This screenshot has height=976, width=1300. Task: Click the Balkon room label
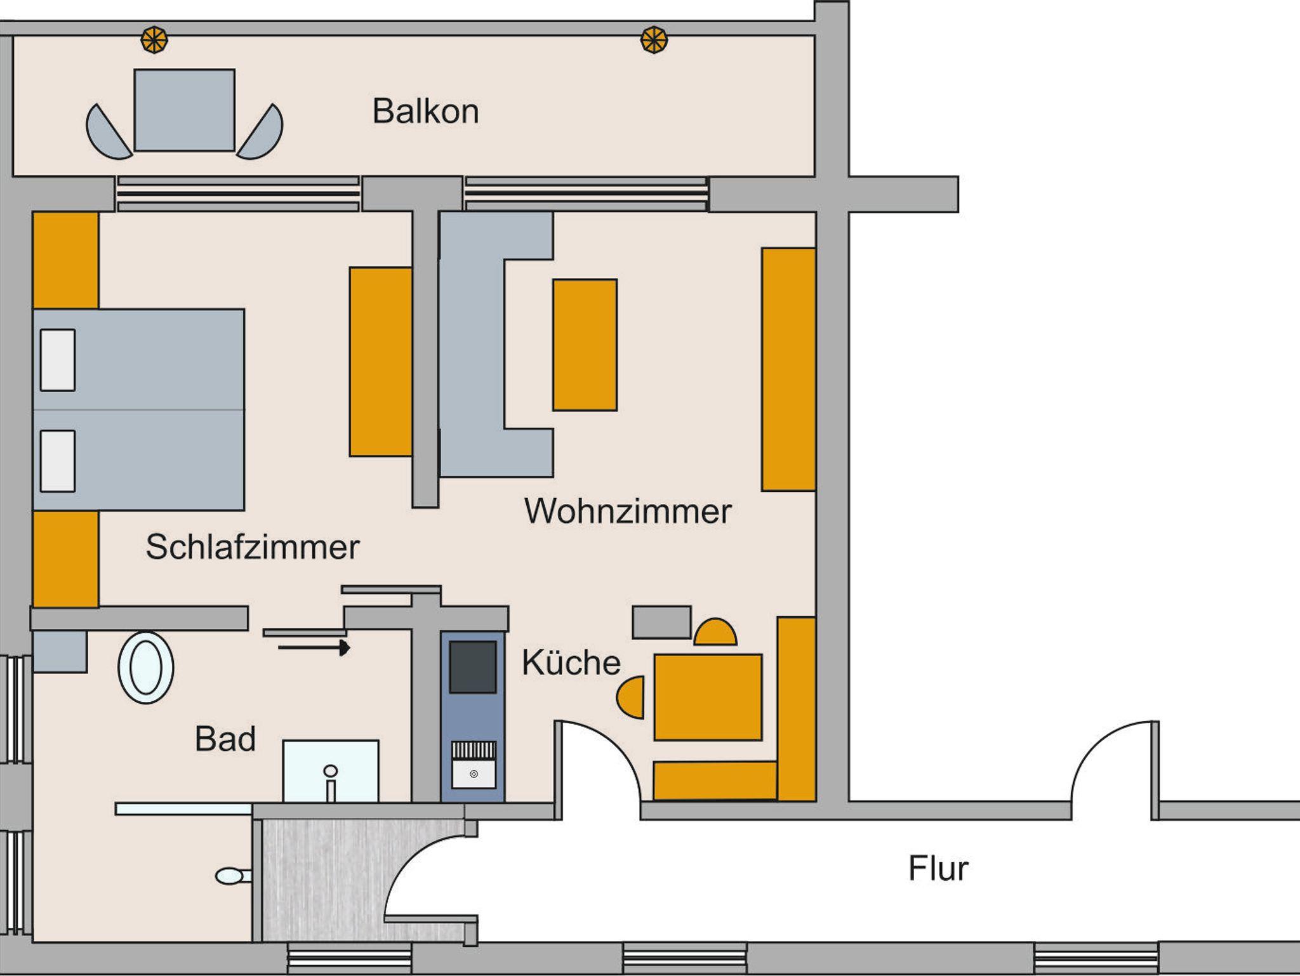click(x=425, y=112)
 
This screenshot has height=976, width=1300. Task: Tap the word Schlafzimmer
click(x=253, y=547)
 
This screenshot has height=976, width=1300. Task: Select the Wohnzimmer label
click(x=628, y=511)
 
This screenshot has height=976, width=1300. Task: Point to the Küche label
click(x=571, y=663)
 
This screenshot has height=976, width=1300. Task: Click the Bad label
click(x=225, y=739)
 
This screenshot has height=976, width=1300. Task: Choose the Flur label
click(x=938, y=869)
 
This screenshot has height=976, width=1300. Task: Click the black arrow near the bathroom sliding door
click(x=314, y=648)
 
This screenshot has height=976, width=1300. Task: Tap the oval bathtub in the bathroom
click(x=146, y=668)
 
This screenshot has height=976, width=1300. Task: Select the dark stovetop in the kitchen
click(x=473, y=667)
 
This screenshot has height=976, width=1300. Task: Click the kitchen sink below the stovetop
click(x=474, y=765)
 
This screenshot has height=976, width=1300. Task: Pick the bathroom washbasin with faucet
click(x=331, y=771)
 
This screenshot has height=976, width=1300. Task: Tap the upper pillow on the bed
click(x=58, y=360)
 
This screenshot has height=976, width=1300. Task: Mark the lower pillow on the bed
click(x=58, y=461)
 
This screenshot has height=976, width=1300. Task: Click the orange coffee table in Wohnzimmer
click(x=585, y=345)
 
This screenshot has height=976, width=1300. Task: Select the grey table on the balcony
click(x=185, y=110)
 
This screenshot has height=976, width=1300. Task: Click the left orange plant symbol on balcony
click(x=154, y=40)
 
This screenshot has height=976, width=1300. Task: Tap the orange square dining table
click(x=708, y=697)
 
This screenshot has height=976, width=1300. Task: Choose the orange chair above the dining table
click(x=715, y=632)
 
